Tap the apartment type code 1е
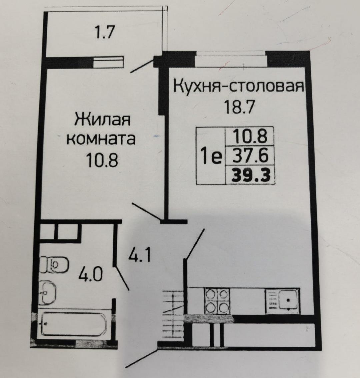tap(211, 157)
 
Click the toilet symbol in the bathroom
tap(54, 265)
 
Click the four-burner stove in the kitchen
tap(217, 301)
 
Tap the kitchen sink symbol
tap(282, 301)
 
